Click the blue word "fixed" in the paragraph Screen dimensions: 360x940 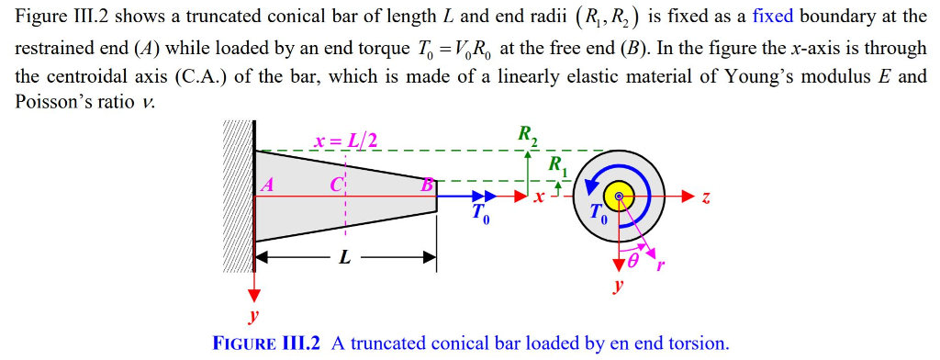click(x=772, y=17)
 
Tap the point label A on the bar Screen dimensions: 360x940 click(x=268, y=184)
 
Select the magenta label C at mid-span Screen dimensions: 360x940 click(x=336, y=184)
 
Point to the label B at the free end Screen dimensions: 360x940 click(x=426, y=185)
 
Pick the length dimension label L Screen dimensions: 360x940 click(x=344, y=258)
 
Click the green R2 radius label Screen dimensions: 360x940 click(x=528, y=137)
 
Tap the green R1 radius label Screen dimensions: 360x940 click(x=557, y=167)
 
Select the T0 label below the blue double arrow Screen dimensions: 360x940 click(x=481, y=216)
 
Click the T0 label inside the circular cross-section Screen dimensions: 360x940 click(x=598, y=218)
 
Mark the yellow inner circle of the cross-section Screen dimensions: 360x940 click(x=620, y=197)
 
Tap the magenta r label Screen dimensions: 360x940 click(x=660, y=266)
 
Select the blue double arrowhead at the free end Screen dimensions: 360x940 click(x=485, y=196)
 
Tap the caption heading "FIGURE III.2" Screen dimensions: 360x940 click(x=266, y=343)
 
